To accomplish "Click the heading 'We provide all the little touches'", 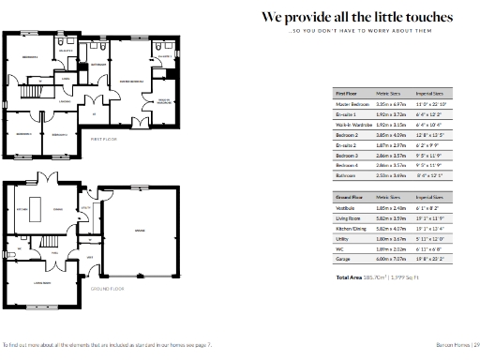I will (x=357, y=18).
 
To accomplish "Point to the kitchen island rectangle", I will (x=37, y=206).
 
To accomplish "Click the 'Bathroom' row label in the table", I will (x=346, y=174).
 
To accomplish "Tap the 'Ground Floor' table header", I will (x=349, y=198).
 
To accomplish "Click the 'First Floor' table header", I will (x=347, y=94).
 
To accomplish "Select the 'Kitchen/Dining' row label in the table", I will (x=351, y=227).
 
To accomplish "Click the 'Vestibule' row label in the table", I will (x=346, y=207).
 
